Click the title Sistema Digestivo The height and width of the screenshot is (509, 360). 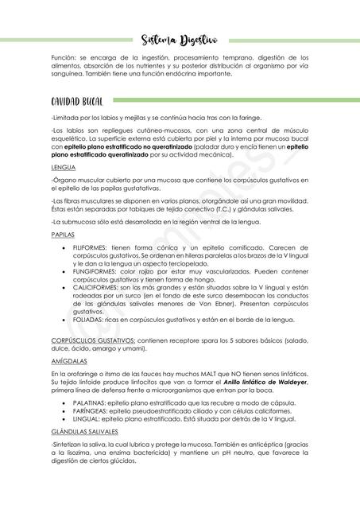(179, 39)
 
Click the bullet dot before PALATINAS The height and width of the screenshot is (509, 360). (64, 403)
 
